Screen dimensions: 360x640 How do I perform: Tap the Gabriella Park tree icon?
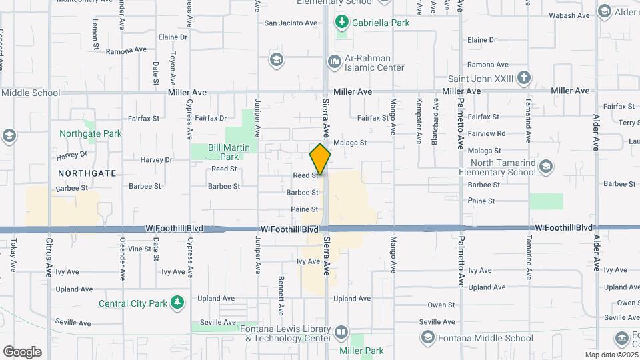342,22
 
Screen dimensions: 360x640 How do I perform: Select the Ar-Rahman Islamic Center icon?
334,62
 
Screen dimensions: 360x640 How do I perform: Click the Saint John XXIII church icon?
524,77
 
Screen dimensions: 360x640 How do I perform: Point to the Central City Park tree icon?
177,303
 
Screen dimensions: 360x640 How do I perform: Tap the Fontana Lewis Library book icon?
341,331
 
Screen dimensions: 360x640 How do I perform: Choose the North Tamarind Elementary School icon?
545,166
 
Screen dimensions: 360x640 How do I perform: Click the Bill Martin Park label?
223,152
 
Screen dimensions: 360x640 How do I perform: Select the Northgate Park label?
90,133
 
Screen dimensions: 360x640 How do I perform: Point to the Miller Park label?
361,351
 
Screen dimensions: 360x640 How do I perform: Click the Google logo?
22,352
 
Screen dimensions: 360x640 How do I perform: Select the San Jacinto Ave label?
291,23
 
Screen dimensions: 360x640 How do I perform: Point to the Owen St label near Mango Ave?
441,305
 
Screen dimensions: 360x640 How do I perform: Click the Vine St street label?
139,249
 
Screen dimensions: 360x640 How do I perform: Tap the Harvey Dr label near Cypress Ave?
157,160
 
